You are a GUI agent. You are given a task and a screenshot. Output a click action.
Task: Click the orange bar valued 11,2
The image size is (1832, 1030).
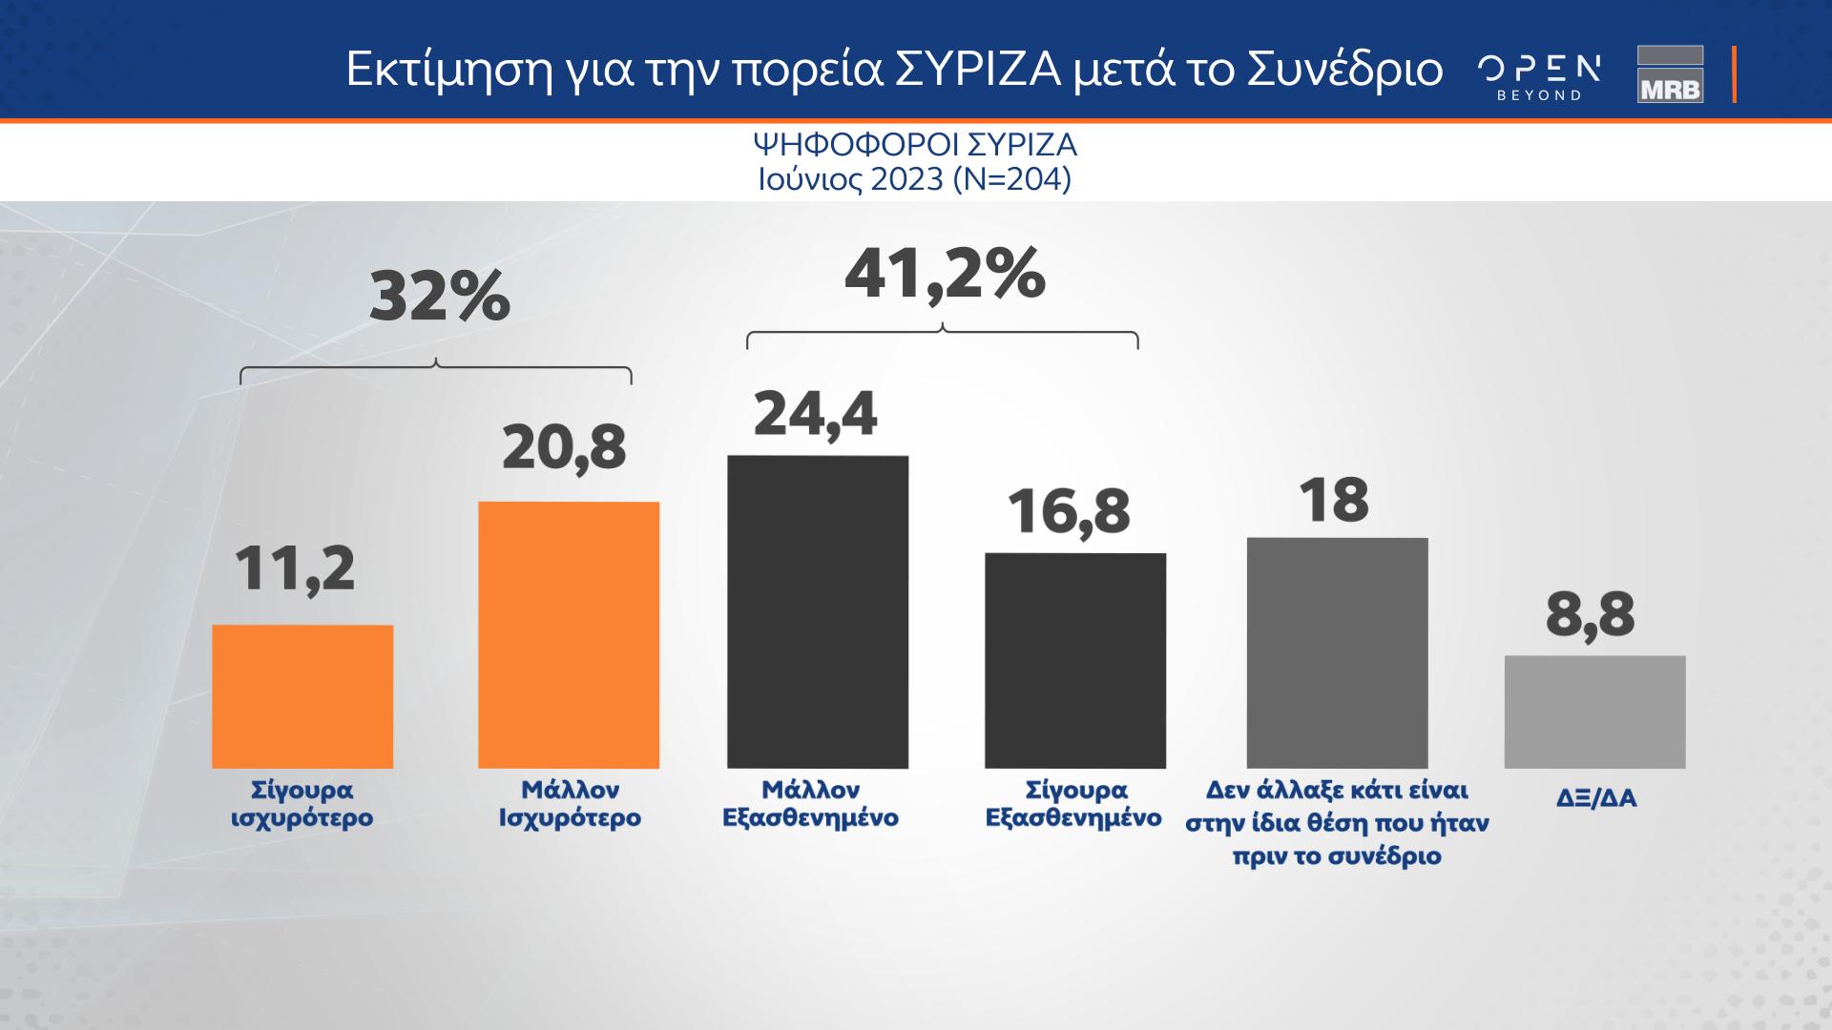(x=302, y=696)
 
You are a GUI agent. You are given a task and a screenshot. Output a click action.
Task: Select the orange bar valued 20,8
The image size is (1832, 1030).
(x=569, y=634)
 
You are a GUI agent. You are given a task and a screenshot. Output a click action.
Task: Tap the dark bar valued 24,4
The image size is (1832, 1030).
(x=818, y=611)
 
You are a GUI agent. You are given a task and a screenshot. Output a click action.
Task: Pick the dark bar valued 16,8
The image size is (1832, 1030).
(x=1075, y=660)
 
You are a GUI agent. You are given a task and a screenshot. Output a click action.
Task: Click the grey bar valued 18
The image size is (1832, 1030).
(x=1337, y=652)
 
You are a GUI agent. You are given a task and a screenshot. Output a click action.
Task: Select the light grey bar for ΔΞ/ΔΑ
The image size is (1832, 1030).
(x=1594, y=711)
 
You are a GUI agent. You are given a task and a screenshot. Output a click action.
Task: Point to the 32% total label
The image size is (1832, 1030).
(x=440, y=296)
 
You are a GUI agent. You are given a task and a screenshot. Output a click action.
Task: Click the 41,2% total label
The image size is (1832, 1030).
(x=945, y=275)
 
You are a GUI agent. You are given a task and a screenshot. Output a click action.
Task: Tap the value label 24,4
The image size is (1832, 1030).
(x=815, y=415)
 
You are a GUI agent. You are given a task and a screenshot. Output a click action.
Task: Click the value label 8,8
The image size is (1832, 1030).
(x=1590, y=615)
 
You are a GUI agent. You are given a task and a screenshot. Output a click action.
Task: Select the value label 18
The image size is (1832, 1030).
(x=1333, y=500)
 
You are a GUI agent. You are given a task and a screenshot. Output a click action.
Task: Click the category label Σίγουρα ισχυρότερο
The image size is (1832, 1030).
(x=302, y=803)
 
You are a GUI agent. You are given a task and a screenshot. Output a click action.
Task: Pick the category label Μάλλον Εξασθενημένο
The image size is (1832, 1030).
(x=810, y=803)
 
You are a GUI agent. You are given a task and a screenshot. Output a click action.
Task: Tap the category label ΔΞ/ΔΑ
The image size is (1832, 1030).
(x=1595, y=797)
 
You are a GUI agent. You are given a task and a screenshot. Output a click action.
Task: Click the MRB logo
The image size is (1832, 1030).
(x=1670, y=74)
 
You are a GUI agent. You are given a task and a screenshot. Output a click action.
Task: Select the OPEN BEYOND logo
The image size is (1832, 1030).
(x=1539, y=76)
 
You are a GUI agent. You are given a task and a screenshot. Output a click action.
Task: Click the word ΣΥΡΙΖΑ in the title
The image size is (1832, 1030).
(x=978, y=69)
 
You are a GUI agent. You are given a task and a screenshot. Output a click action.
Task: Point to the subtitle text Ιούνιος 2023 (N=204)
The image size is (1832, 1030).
(x=914, y=178)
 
